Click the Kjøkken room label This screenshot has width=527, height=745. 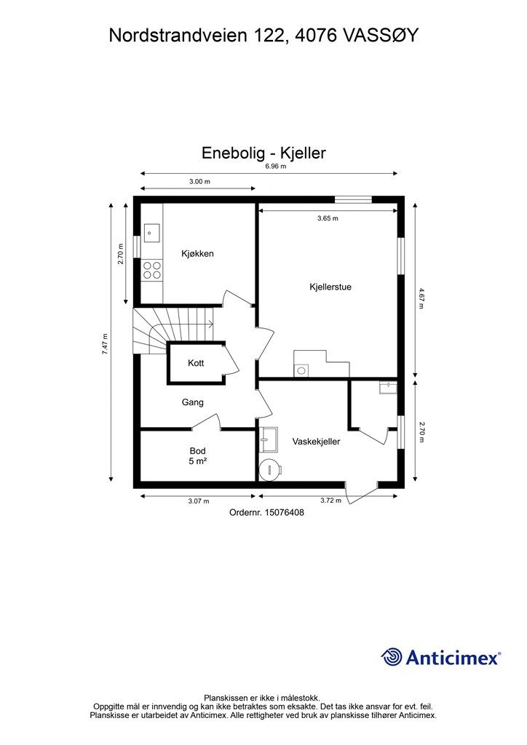197,254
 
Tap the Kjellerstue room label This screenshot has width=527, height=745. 330,287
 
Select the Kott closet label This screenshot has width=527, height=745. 196,363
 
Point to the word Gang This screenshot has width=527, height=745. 192,402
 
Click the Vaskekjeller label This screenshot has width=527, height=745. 316,441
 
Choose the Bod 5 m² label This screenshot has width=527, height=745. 197,455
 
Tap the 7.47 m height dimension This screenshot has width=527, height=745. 106,343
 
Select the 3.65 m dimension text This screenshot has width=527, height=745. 328,218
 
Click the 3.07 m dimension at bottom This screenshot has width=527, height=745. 199,501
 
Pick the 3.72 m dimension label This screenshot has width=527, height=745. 331,501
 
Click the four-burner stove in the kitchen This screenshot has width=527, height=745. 152,271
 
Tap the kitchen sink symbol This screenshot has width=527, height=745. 152,234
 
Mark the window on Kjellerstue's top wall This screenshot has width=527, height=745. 353,199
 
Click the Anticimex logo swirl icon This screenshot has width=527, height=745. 392,657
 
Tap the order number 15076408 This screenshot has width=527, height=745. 266,513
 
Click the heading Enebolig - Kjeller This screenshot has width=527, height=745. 263,153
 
